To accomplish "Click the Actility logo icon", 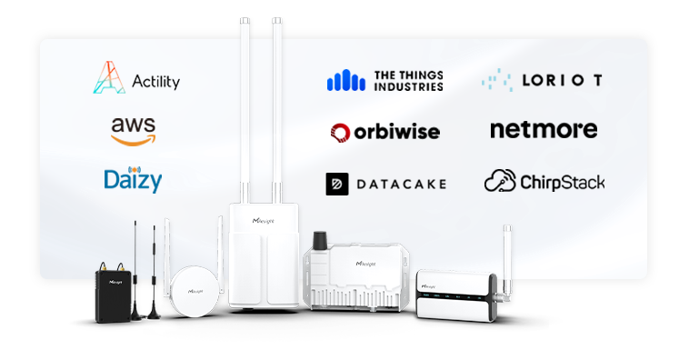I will (x=108, y=78).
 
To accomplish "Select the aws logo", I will (x=134, y=130).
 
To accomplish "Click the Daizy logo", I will (x=133, y=179).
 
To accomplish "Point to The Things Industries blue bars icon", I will (x=345, y=80).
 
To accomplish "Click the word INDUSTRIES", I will (x=409, y=87).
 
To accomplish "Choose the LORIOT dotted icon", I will (x=498, y=80).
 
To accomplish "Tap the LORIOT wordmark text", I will (x=562, y=80).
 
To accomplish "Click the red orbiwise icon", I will (x=340, y=133).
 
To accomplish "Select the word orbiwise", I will (x=397, y=132).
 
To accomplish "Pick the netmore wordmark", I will (x=544, y=130).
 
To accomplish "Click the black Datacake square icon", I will (x=338, y=184).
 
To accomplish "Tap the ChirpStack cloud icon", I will (x=500, y=181).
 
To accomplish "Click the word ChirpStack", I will (x=562, y=182).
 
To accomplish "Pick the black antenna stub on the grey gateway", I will (x=320, y=241).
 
